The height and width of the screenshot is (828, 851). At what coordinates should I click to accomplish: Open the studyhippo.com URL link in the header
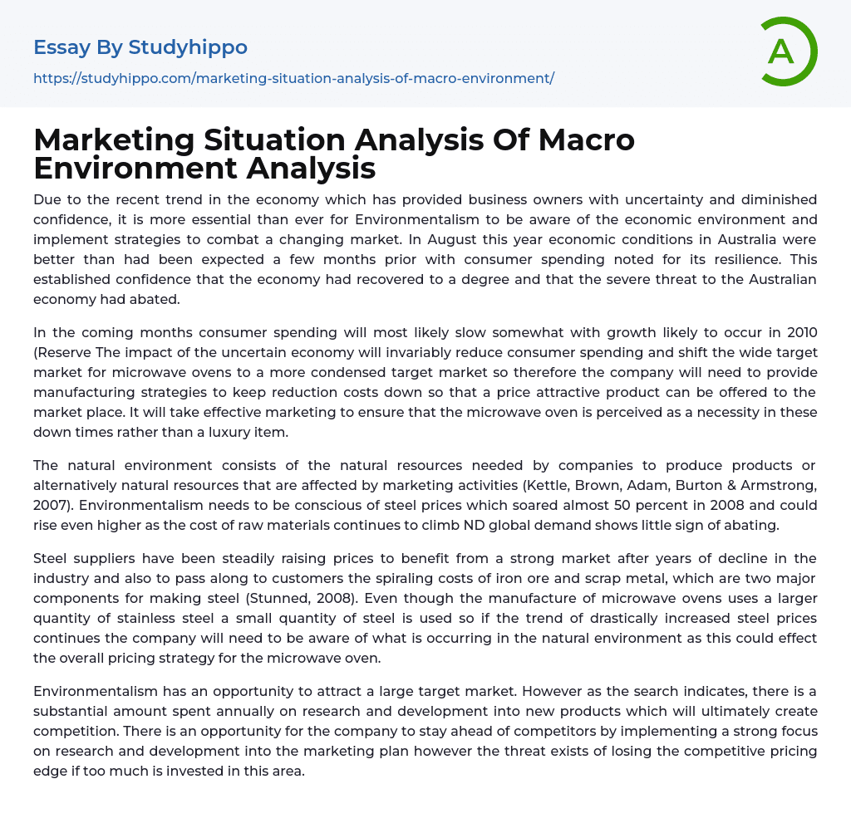(x=293, y=78)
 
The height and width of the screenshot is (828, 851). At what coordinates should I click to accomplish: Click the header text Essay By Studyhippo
(x=140, y=47)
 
